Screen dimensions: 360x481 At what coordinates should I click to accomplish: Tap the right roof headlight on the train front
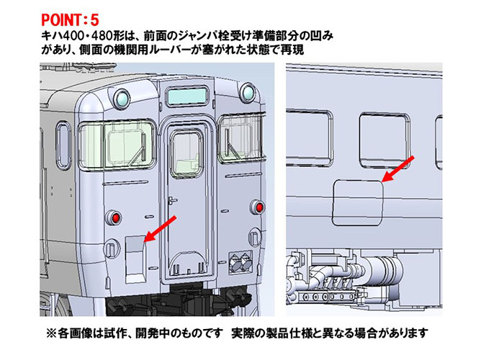[x=248, y=91]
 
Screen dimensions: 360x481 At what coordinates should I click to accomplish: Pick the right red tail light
[x=258, y=208]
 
